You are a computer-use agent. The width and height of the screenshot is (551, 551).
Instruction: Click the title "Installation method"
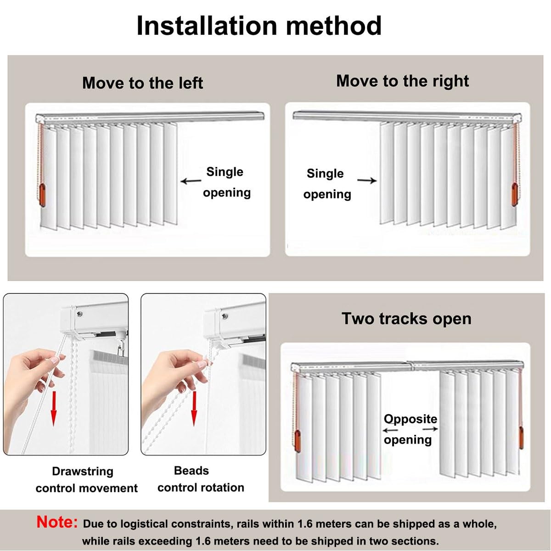pos(259,26)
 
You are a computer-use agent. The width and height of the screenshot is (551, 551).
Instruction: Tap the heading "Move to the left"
pos(142,83)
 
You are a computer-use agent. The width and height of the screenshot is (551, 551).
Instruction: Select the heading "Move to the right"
pos(403,81)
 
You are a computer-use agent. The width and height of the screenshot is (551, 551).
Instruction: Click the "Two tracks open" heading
pos(406,319)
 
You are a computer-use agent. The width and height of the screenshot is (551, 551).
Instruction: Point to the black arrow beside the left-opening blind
pos(191,181)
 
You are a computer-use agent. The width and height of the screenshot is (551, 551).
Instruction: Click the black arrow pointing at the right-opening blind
pos(367,180)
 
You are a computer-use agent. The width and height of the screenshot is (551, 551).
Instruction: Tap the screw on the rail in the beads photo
pos(225,316)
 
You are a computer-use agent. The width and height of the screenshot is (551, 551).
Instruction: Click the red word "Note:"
pos(57,522)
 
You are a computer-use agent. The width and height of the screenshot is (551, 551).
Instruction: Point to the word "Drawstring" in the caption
pos(83,471)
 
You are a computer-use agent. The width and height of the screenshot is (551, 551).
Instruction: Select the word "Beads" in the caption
pos(191,471)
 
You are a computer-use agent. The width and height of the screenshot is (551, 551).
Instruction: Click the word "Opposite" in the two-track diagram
pos(410,419)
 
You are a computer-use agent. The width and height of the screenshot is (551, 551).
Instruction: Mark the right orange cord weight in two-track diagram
pos(521,438)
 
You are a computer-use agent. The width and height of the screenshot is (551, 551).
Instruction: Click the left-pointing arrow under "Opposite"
pos(391,430)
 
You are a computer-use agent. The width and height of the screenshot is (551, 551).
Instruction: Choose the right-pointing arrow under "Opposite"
pos(430,429)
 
